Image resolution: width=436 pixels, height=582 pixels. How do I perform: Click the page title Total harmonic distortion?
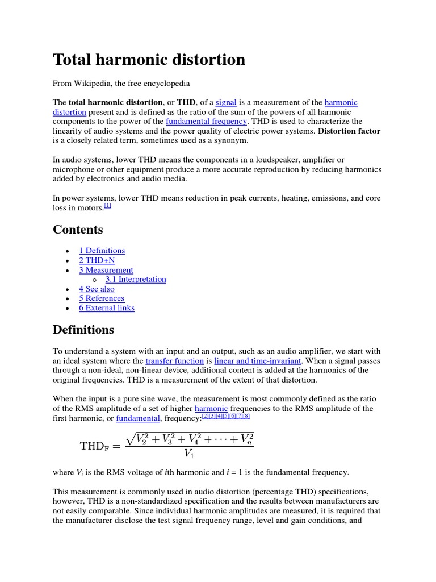tap(149, 60)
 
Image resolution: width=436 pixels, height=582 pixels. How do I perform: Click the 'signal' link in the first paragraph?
tap(226, 102)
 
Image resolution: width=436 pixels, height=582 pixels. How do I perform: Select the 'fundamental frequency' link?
tap(206, 121)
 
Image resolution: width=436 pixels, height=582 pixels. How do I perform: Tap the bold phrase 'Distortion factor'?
tap(349, 131)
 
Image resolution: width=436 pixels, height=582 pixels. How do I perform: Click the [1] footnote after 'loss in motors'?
tap(108, 206)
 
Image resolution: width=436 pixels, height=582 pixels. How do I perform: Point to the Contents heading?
tap(78, 230)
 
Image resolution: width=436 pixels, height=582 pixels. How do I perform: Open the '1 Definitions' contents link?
tap(102, 251)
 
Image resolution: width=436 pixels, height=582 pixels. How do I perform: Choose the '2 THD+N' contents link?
tap(97, 260)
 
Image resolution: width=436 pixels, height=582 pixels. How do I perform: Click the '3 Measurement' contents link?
tap(106, 270)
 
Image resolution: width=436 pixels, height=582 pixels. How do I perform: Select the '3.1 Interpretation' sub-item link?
tap(136, 279)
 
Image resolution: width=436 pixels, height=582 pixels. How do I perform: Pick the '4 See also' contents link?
tap(97, 289)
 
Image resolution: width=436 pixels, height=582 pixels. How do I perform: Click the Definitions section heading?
tap(83, 330)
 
